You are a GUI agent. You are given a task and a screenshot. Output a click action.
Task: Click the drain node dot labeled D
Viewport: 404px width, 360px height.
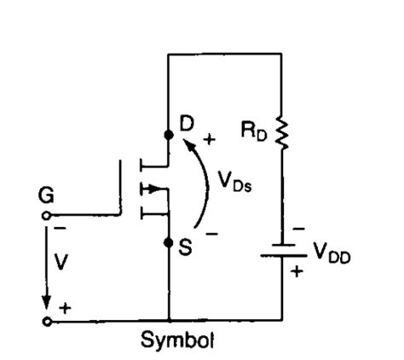coord(169,135)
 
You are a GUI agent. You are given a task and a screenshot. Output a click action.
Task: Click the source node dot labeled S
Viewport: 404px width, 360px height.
coord(169,243)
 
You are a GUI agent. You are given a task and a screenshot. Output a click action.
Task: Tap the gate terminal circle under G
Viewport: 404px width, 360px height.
coord(46,216)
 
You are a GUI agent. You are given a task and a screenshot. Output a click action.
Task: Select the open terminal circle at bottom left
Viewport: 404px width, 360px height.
coord(47,322)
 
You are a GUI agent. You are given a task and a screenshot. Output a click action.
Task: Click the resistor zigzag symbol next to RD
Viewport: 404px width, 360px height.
coord(281,132)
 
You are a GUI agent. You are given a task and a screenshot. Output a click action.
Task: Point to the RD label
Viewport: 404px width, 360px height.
coord(254,131)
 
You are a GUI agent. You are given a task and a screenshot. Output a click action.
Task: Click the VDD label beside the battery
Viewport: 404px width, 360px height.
coord(332,253)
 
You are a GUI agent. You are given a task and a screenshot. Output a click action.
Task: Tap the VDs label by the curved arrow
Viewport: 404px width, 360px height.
coord(234,182)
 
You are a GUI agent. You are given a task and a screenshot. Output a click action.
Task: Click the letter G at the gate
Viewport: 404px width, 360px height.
coord(46,195)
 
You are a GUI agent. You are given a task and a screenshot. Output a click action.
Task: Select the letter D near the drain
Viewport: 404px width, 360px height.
coord(187,124)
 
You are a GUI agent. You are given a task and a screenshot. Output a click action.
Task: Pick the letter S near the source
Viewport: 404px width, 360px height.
coord(185,247)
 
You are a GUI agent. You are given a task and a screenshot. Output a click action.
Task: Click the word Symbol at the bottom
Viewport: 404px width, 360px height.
coord(177,340)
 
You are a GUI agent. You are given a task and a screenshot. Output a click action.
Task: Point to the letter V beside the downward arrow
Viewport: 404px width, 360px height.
coord(61,262)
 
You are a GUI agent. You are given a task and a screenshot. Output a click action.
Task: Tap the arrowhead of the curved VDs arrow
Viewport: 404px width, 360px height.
coord(189,145)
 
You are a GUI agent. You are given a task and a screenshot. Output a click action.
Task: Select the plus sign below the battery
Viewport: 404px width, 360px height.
coord(297,271)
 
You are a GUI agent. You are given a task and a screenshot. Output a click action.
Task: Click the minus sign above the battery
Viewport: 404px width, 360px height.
coord(298,229)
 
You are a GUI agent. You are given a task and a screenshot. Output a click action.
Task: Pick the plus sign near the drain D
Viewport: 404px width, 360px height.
coord(210,139)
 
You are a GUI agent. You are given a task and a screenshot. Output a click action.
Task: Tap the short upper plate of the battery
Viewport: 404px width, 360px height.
coord(283,245)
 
